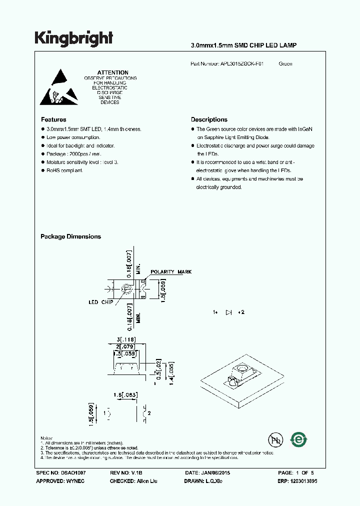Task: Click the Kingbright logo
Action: [73, 38]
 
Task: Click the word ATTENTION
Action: [112, 72]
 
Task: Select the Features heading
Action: [53, 120]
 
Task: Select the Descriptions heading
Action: [209, 120]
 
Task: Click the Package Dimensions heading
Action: [70, 236]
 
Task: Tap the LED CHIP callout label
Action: [100, 302]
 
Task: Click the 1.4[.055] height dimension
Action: [171, 371]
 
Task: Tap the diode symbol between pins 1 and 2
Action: [229, 312]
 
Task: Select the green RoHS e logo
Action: [299, 439]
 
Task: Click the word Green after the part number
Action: [285, 64]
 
